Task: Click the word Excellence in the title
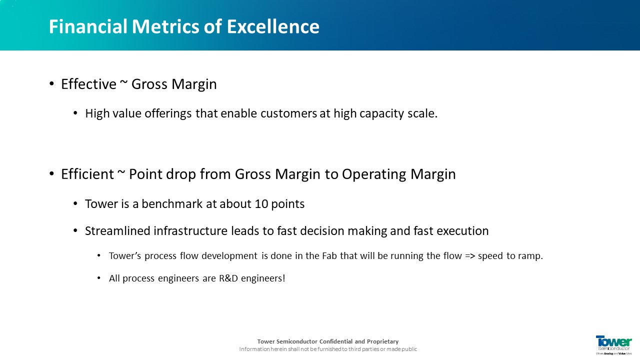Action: (273, 26)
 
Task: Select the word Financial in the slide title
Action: (88, 26)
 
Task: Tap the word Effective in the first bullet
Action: (88, 84)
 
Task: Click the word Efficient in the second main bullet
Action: (87, 174)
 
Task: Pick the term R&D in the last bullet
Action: (228, 278)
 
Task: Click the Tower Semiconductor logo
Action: (613, 345)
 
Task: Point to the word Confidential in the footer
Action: (335, 341)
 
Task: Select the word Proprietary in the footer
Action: (382, 341)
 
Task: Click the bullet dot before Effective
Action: (51, 84)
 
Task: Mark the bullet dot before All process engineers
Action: (99, 278)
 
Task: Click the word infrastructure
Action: (190, 231)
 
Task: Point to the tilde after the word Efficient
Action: (121, 171)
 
